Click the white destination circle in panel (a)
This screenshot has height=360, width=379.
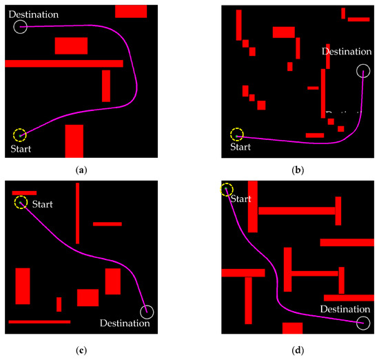coord(20,27)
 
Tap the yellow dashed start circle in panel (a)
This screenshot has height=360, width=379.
coord(20,134)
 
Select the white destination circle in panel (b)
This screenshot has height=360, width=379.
coord(363,70)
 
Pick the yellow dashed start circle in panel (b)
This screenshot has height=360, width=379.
coord(237,134)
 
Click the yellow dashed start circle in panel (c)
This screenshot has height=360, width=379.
coord(21,202)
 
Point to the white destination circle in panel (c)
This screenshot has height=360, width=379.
coord(147,312)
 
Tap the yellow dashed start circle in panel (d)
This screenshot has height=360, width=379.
coord(226,188)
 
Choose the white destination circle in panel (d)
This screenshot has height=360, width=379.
coord(363,323)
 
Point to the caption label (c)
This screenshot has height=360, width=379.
coord(82,350)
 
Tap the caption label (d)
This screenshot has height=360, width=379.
coord(298,350)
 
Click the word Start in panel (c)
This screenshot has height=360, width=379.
coord(43,203)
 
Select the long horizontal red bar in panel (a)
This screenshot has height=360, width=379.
coord(64,63)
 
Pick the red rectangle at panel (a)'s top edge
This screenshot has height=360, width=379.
coord(131,11)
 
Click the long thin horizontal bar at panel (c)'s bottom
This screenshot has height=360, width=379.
coord(39,321)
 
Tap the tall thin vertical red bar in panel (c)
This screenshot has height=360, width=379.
coord(78,213)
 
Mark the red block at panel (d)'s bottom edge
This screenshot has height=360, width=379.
coord(292,328)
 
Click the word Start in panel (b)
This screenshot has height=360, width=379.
coord(240,147)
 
